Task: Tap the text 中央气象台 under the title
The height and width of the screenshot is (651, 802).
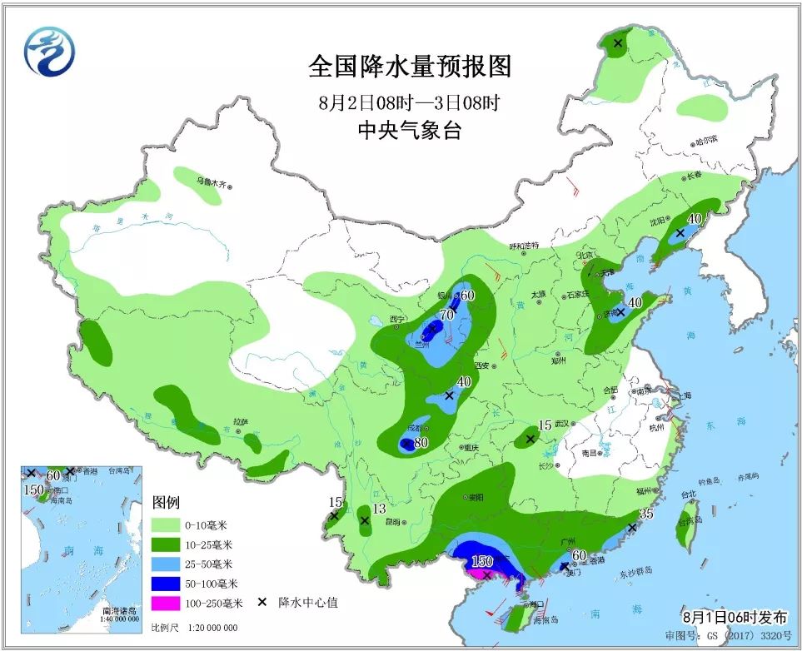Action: pos(409,130)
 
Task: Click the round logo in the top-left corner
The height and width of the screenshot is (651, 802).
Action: pos(49,52)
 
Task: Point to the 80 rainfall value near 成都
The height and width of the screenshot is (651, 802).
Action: pos(421,443)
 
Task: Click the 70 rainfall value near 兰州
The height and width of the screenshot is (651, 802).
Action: pos(446,315)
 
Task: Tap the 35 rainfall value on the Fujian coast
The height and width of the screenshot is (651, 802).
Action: pos(646,514)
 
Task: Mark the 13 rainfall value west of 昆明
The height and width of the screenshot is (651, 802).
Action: pos(379,509)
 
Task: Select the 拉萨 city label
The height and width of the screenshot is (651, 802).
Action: pos(241,422)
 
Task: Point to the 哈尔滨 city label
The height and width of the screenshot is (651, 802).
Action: pos(705,140)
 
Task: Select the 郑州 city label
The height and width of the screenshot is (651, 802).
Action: pos(558,360)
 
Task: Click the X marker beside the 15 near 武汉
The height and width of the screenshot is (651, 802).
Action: pos(530,438)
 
